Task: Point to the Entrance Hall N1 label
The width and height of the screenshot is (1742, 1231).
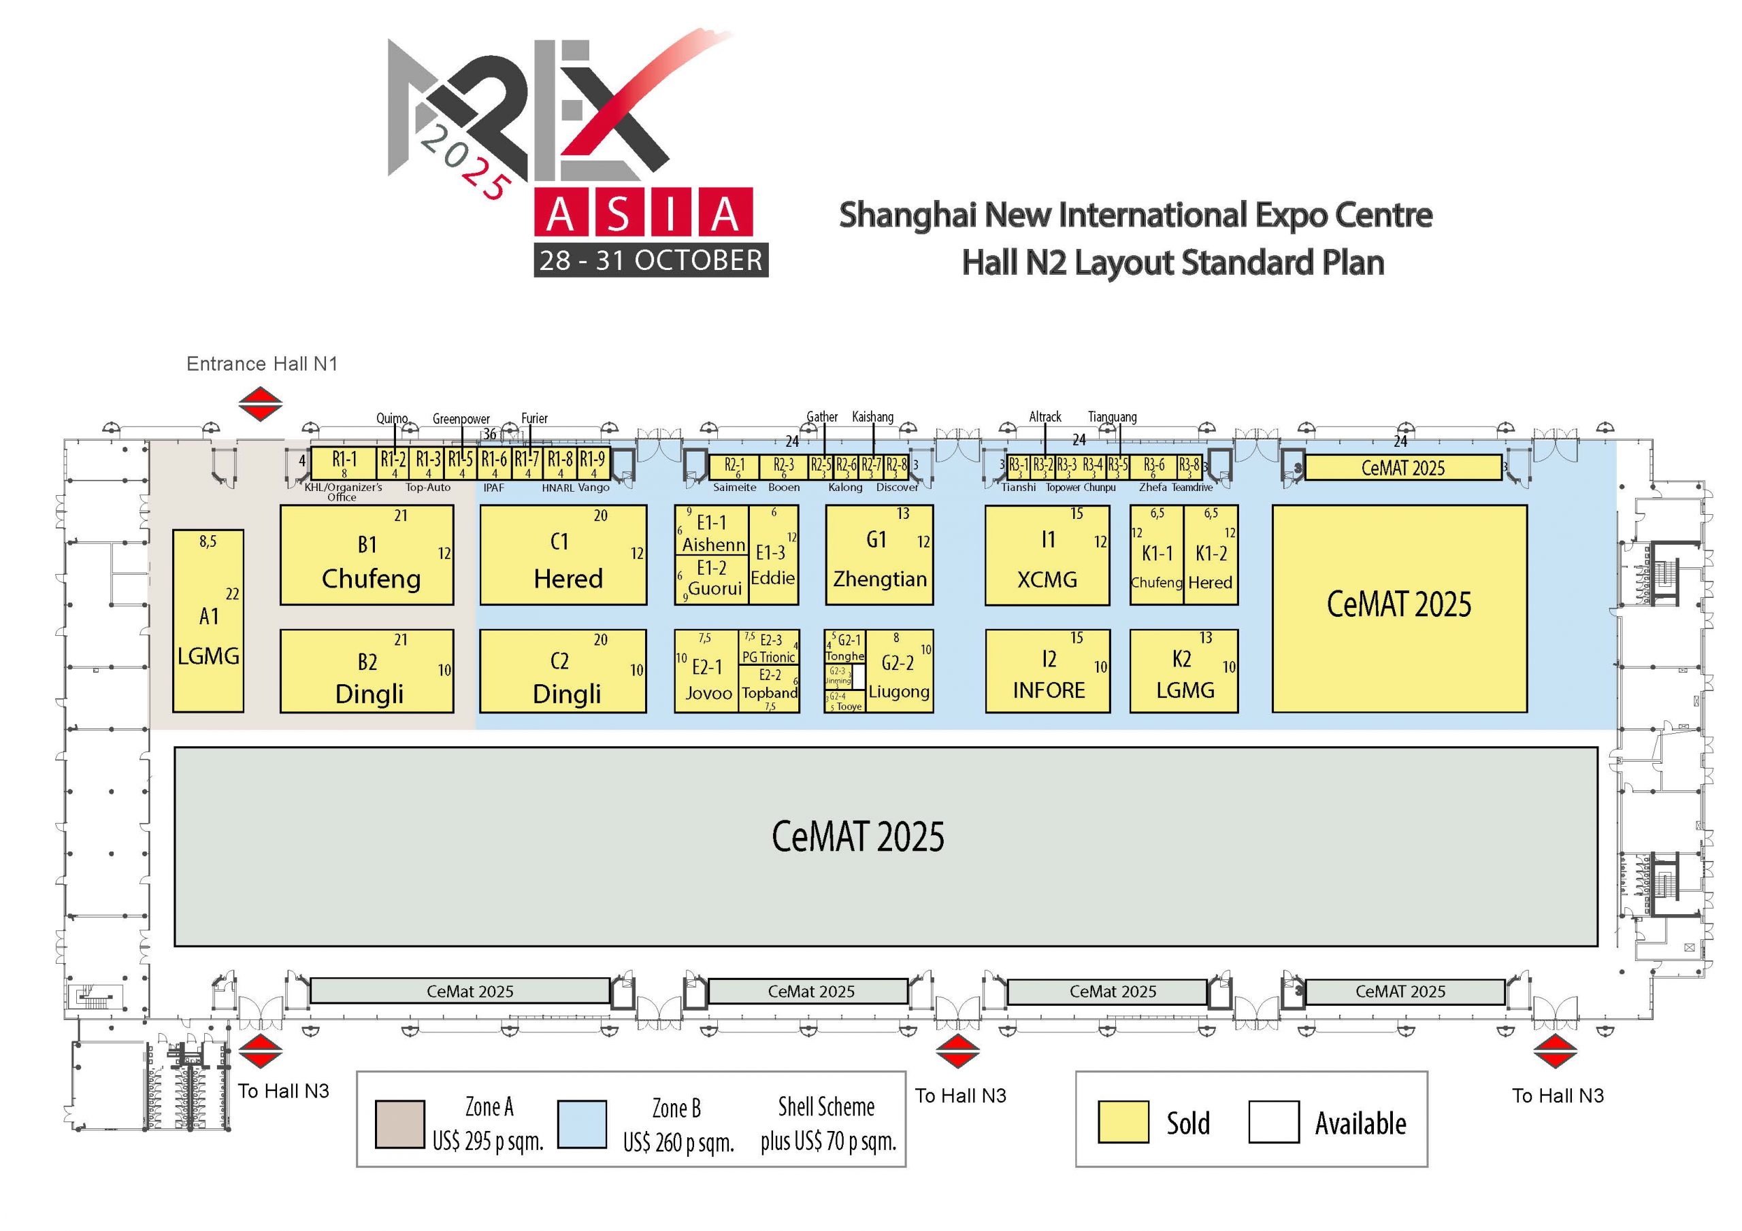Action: pos(262,364)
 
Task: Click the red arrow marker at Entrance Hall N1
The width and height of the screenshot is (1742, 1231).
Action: pos(260,403)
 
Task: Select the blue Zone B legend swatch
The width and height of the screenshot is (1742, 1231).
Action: pos(581,1124)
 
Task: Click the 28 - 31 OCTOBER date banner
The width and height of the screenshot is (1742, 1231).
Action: pos(651,260)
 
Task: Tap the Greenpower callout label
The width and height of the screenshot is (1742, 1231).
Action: pos(461,419)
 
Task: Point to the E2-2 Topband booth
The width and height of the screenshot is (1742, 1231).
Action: pos(770,684)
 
